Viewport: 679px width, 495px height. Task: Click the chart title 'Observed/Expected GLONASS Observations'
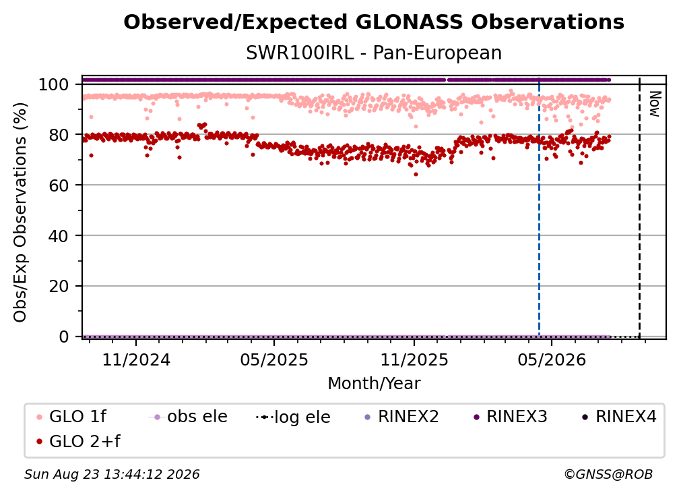pyautogui.click(x=374, y=22)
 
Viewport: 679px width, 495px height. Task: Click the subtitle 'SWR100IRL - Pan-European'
pyautogui.click(x=374, y=53)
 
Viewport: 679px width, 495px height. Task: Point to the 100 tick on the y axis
pyautogui.click(x=54, y=84)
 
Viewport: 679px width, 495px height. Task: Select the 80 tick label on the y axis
pyautogui.click(x=59, y=136)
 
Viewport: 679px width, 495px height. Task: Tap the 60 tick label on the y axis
pyautogui.click(x=59, y=185)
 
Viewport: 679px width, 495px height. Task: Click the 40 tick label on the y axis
pyautogui.click(x=59, y=236)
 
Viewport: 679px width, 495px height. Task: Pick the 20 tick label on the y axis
pyautogui.click(x=59, y=287)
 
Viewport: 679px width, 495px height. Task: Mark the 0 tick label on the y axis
pyautogui.click(x=64, y=337)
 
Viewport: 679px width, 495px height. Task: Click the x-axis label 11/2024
pyautogui.click(x=136, y=359)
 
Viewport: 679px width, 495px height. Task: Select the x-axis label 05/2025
pyautogui.click(x=274, y=359)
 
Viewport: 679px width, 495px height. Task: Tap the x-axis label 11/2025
pyautogui.click(x=414, y=359)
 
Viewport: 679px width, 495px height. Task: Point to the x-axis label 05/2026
pyautogui.click(x=551, y=359)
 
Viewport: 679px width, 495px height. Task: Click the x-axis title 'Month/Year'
pyautogui.click(x=374, y=384)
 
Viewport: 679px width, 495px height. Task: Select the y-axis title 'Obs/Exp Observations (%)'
pyautogui.click(x=20, y=212)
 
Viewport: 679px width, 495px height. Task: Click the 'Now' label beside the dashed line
pyautogui.click(x=655, y=104)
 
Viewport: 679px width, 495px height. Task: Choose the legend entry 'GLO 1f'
pyautogui.click(x=71, y=417)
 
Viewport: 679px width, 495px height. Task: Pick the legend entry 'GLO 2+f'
pyautogui.click(x=78, y=442)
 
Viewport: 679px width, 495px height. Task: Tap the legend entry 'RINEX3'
pyautogui.click(x=511, y=417)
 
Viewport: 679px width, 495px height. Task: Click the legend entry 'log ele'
pyautogui.click(x=293, y=417)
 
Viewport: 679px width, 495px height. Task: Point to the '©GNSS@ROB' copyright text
pyautogui.click(x=608, y=475)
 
